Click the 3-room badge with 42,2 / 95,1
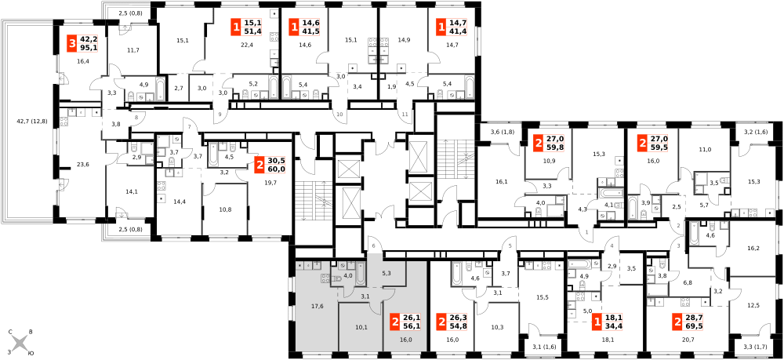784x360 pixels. (x=82, y=43)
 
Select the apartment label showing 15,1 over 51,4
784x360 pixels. (x=246, y=27)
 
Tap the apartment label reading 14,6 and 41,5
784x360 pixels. (x=304, y=27)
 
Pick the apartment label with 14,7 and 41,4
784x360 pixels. (x=452, y=27)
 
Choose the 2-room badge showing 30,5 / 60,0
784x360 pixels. (x=270, y=165)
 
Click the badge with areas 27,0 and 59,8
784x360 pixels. (x=549, y=143)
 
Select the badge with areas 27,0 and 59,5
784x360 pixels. (x=652, y=143)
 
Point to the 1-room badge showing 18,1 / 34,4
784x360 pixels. (x=607, y=322)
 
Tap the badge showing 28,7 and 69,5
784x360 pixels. (x=688, y=322)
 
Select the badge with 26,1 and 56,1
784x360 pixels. (x=405, y=322)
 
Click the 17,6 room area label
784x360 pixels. (x=318, y=306)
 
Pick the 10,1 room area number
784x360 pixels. (x=361, y=327)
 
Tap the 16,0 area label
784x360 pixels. (x=405, y=340)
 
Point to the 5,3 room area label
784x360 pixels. (x=387, y=273)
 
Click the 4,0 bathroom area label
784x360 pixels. (x=348, y=275)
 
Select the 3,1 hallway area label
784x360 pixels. (x=365, y=296)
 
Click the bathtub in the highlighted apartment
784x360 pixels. (x=361, y=271)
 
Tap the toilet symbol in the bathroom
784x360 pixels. (x=343, y=266)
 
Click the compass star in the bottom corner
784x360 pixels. (x=20, y=342)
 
